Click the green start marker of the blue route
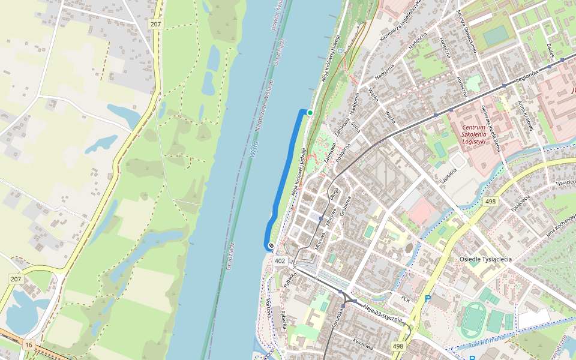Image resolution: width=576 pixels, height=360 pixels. [x=310, y=112]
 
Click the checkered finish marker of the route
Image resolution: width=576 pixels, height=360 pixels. [x=271, y=245]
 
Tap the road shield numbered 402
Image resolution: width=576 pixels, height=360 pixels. [x=280, y=261]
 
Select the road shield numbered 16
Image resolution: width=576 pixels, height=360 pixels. [x=28, y=345]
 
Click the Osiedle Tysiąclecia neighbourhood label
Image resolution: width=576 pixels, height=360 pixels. [x=485, y=259]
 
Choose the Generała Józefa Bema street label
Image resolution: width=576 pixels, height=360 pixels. [x=490, y=128]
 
